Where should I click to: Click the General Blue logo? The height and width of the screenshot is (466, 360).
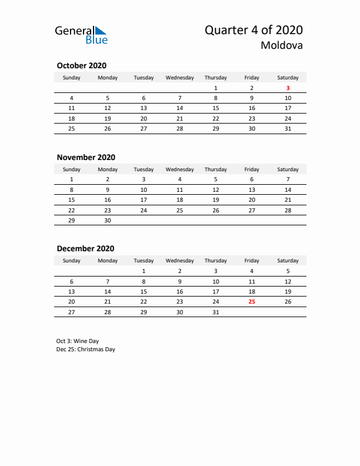[x=81, y=35]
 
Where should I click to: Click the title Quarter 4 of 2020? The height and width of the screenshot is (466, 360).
[x=254, y=30]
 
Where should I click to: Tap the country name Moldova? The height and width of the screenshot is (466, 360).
[x=282, y=46]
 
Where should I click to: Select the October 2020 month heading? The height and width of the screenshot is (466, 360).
[x=81, y=66]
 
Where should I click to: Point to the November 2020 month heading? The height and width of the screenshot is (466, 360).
[x=86, y=157]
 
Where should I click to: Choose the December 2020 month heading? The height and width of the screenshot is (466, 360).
[x=85, y=248]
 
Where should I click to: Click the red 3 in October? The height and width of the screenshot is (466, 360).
[x=288, y=88]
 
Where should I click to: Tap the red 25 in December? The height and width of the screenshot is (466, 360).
[x=252, y=302]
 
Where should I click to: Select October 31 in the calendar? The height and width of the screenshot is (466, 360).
[x=288, y=128]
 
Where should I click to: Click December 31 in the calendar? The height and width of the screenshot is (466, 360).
[x=216, y=312]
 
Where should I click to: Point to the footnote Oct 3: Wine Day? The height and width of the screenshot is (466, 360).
[x=78, y=341]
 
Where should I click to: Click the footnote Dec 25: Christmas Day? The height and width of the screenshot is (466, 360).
[x=86, y=349]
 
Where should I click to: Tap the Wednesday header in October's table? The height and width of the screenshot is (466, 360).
[x=179, y=78]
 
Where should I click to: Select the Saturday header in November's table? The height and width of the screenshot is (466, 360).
[x=288, y=169]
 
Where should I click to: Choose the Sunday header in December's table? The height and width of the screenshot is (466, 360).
[x=72, y=261]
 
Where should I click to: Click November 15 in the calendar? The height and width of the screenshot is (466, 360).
[x=72, y=199]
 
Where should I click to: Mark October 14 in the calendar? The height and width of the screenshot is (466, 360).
[x=179, y=108]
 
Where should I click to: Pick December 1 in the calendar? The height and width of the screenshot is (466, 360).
[x=144, y=272]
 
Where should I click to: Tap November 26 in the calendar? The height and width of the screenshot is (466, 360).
[x=216, y=209]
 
